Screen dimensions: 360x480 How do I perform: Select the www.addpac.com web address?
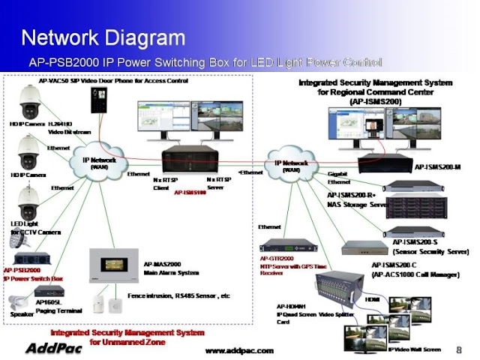[239, 350]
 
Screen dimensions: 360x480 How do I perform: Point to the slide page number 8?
[458, 349]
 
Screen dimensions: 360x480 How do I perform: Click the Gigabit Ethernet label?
[339, 178]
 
